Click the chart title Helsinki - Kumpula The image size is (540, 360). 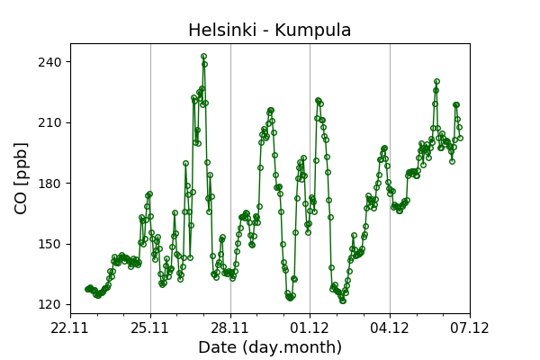pos(269,31)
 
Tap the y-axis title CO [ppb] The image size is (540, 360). pos(22,177)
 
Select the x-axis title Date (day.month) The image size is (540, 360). pos(269,347)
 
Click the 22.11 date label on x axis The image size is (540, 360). pos(70,328)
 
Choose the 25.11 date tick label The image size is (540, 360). pos(150,328)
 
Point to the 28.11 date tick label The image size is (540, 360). pos(230,328)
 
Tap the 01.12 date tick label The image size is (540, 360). pos(310,328)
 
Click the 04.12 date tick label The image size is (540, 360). pos(390,328)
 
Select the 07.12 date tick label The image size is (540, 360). pos(469,328)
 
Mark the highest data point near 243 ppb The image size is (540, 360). pos(203,56)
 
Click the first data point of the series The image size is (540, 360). pos(87,289)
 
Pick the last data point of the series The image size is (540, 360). pos(459,138)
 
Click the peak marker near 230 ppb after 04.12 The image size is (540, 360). pos(436,82)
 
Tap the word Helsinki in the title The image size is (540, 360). pos(219,31)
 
